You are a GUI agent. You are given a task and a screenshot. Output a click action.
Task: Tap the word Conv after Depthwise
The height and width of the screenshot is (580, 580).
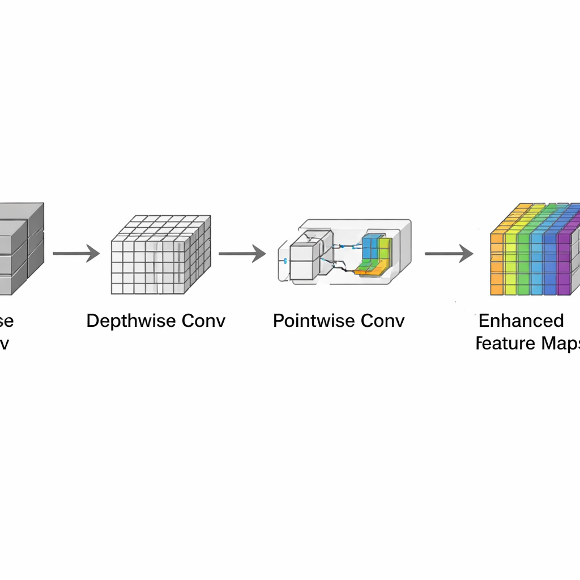(203, 321)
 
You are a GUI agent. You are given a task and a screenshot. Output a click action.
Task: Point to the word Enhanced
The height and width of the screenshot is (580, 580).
(521, 321)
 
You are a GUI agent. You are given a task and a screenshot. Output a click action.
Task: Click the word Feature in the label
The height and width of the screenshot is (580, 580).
(498, 343)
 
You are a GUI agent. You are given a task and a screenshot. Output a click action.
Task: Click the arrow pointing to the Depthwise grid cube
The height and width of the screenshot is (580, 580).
(76, 254)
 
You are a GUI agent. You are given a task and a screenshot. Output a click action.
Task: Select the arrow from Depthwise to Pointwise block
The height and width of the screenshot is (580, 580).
(242, 254)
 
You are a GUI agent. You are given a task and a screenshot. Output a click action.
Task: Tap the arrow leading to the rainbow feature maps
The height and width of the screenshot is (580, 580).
(449, 254)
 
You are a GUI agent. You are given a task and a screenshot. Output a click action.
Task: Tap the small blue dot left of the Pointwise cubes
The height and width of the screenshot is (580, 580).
(285, 261)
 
